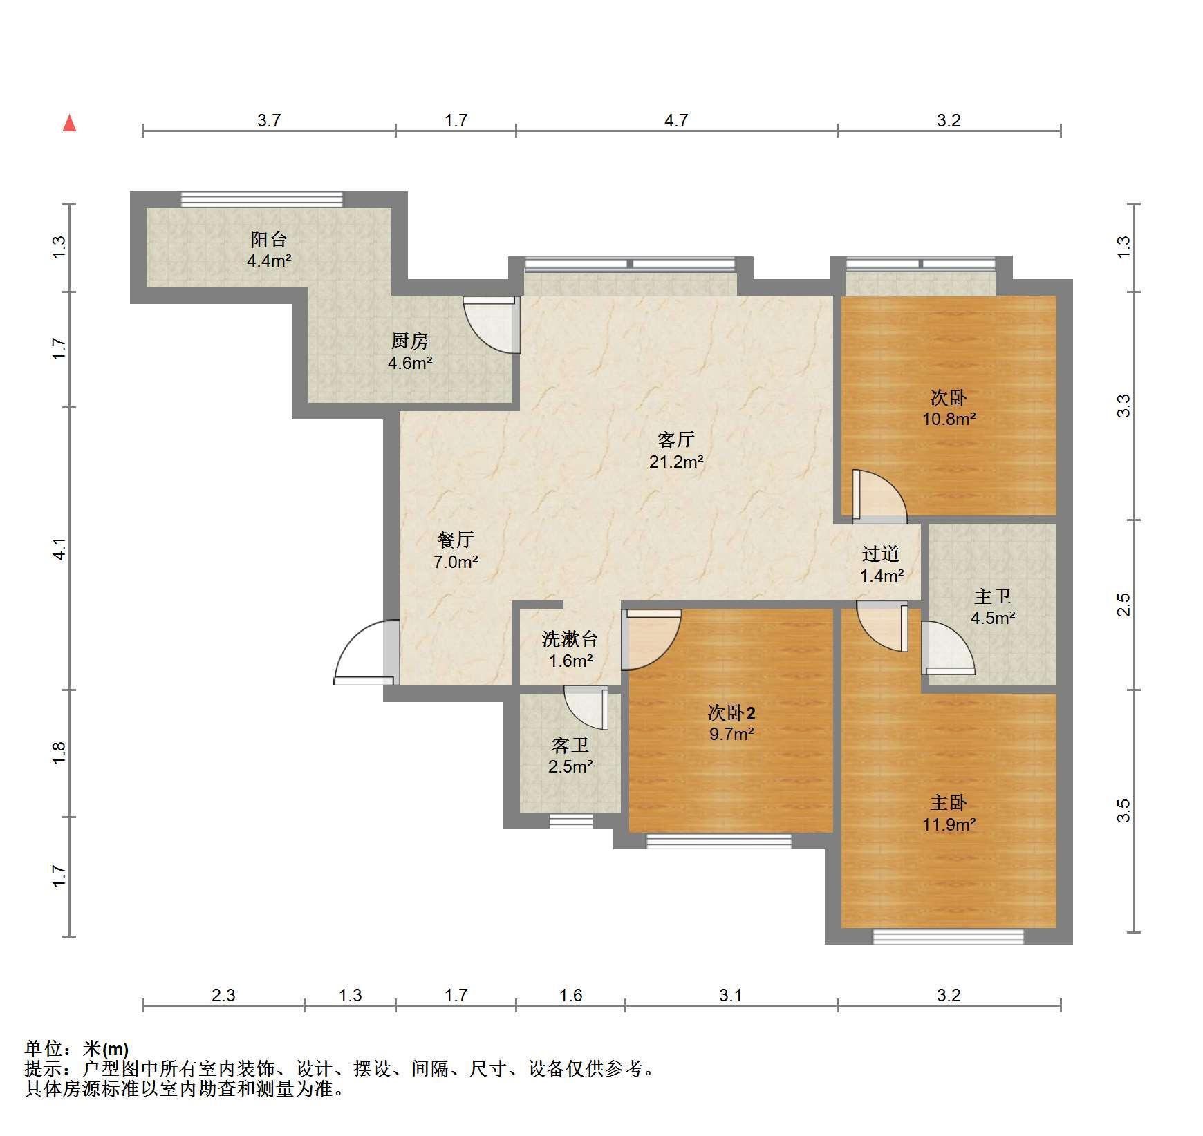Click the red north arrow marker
coord(69,123)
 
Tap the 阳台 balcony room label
coord(268,240)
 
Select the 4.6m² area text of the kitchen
coord(410,363)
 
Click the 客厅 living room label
coord(675,439)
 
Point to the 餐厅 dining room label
coord(456,540)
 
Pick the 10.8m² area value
coord(949,418)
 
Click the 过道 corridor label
coord(881,553)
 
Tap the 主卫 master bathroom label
coord(993,596)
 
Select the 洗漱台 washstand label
coord(570,639)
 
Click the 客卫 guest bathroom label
coord(570,746)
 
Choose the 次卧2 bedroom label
coord(731,712)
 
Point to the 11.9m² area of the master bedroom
coord(949,824)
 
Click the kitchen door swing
coord(492,325)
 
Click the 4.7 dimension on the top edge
coord(676,120)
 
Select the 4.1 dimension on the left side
coord(59,548)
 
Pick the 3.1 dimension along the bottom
coord(730,995)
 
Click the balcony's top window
coord(262,200)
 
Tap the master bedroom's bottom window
coord(948,937)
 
